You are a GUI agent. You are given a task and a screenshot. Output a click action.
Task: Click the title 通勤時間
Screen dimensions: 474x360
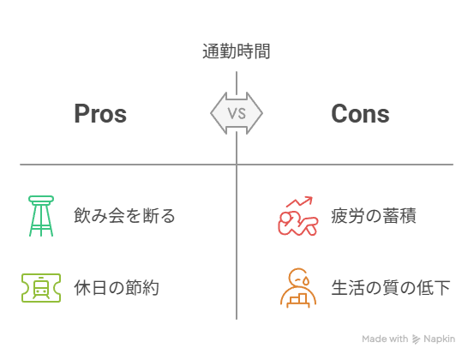[236, 51]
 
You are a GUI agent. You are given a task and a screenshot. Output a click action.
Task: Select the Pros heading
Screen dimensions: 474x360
[100, 114]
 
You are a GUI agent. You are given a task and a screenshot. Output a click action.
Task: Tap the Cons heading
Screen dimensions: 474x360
[360, 114]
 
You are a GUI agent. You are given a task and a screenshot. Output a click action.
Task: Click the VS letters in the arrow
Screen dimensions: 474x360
[237, 113]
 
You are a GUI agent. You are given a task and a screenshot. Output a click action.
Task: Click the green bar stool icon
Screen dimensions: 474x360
[41, 216]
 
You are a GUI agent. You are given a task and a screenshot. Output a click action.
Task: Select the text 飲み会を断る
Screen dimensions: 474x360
[124, 216]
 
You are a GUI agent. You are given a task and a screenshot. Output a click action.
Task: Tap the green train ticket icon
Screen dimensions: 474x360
[41, 288]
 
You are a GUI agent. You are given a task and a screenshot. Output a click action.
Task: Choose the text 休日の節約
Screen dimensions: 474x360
[117, 288]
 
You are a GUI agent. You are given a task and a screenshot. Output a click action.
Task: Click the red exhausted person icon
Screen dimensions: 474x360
[298, 216]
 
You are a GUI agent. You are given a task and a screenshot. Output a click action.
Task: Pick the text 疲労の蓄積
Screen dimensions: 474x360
[374, 216]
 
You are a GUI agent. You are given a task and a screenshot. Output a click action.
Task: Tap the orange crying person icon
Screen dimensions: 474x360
[298, 288]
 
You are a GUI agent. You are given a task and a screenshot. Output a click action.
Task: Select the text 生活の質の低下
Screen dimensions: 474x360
[391, 288]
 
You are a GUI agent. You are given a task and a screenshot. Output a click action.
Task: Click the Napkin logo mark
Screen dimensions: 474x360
[416, 339]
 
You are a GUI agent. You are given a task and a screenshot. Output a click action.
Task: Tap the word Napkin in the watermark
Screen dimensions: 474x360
[439, 339]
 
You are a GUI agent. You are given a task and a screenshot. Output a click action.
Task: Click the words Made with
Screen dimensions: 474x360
[385, 339]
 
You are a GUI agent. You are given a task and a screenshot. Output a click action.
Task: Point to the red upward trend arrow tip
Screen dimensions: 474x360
[312, 197]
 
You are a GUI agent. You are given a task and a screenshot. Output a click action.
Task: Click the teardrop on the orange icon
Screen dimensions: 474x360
[307, 281]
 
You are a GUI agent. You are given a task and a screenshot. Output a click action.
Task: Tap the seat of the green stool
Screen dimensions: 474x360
[41, 199]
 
